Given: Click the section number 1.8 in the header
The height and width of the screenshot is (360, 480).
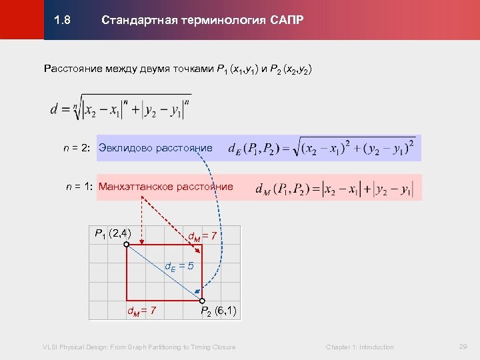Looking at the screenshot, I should tap(63, 20).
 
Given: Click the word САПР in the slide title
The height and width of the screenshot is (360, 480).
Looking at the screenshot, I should tap(287, 20).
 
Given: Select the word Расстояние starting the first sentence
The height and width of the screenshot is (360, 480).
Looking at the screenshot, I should tap(69, 69).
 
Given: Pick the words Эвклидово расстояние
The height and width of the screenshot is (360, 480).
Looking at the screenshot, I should tap(155, 147).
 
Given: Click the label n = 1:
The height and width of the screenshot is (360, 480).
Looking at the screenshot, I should tap(79, 187).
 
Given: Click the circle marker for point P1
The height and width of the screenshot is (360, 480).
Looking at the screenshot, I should tap(127, 245).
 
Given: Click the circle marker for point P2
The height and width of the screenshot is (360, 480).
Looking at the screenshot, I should tap(202, 301).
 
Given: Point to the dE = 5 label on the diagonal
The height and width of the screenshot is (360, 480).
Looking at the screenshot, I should tap(179, 266).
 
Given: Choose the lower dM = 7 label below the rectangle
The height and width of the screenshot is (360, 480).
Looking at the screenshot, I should tap(142, 310).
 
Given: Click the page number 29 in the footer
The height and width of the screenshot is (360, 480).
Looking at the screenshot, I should tap(463, 346).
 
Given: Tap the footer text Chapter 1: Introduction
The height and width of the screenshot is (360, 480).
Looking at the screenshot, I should tap(359, 347).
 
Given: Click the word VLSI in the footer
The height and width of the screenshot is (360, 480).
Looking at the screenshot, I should tap(51, 347).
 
